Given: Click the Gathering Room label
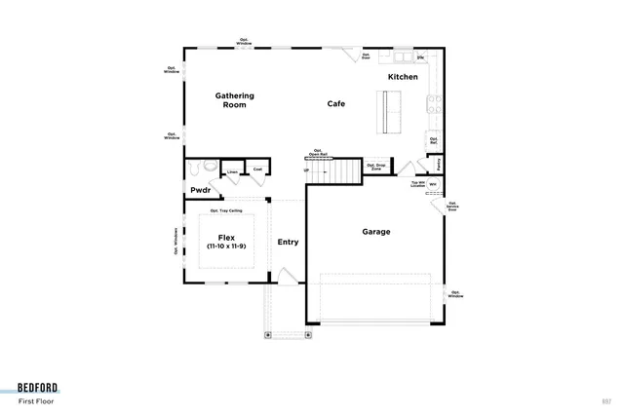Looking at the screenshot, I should (x=234, y=100).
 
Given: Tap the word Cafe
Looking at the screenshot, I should (x=336, y=103).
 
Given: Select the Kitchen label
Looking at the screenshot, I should (x=403, y=77).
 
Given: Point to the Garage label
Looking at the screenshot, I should (x=376, y=232).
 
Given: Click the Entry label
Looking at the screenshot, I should (x=288, y=243).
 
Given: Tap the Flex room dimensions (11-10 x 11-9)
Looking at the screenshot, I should (x=224, y=247).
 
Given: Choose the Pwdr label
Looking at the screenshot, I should (x=201, y=190).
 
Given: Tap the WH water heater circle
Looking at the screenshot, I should (x=433, y=183).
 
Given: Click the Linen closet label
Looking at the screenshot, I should (x=232, y=172).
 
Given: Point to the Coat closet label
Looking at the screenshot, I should (x=257, y=170).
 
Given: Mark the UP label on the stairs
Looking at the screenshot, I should (x=307, y=170).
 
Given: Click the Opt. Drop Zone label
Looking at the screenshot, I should (x=375, y=167).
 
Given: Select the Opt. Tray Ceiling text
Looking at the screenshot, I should (x=226, y=209).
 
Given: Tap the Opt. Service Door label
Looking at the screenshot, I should (x=452, y=207).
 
